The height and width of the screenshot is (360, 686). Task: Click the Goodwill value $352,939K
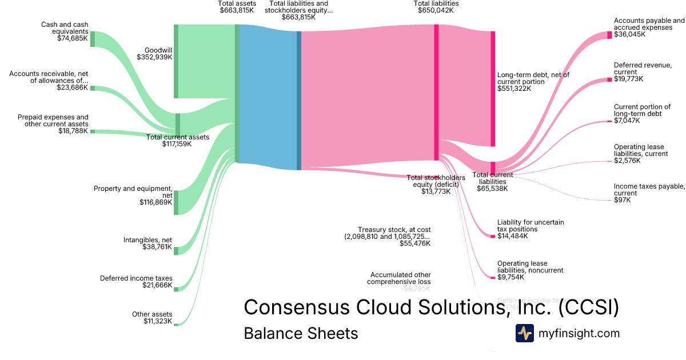click(154, 57)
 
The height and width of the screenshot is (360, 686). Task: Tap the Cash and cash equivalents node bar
click(93, 39)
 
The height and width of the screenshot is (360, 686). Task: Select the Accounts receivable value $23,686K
click(72, 88)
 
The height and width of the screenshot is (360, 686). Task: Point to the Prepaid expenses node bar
click(93, 131)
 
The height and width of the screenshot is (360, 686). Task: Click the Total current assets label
click(177, 137)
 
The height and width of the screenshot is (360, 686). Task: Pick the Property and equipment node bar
click(176, 202)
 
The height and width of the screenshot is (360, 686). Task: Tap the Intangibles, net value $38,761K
click(157, 247)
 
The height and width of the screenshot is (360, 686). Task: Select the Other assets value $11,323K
click(158, 321)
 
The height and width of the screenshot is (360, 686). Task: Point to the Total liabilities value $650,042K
click(436, 10)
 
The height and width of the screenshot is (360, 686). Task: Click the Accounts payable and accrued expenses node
click(609, 35)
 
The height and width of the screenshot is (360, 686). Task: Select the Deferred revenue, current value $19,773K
click(628, 79)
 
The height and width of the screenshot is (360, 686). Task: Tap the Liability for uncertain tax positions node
click(493, 236)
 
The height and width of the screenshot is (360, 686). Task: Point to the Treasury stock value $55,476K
click(415, 243)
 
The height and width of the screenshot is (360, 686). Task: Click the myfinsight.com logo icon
click(524, 333)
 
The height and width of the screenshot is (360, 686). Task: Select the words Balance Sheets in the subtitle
click(301, 333)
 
